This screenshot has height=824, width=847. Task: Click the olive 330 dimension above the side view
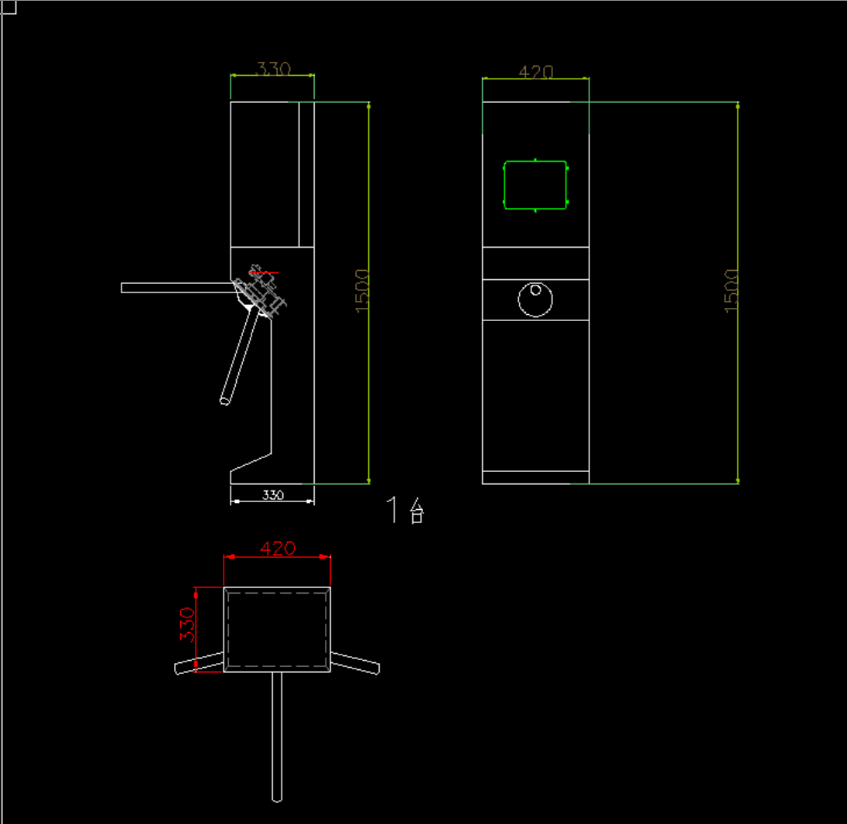pyautogui.click(x=272, y=69)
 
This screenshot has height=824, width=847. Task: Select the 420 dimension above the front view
pyautogui.click(x=535, y=72)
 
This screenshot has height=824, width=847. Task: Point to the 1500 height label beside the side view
pyautogui.click(x=363, y=291)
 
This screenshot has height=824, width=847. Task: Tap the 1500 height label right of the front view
pyautogui.click(x=731, y=291)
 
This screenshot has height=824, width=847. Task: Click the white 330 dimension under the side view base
pyautogui.click(x=272, y=495)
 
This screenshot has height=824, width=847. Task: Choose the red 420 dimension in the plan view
pyautogui.click(x=277, y=549)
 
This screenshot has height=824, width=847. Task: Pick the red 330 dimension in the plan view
pyautogui.click(x=186, y=624)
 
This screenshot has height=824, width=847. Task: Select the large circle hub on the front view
pyautogui.click(x=535, y=299)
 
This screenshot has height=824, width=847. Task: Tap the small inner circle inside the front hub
pyautogui.click(x=535, y=290)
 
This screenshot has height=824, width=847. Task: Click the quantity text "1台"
pyautogui.click(x=405, y=511)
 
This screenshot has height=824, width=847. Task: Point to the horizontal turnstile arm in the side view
pyautogui.click(x=178, y=288)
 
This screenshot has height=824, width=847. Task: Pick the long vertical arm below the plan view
pyautogui.click(x=277, y=735)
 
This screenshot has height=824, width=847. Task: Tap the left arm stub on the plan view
pyautogui.click(x=199, y=663)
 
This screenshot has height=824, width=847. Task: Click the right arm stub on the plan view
pyautogui.click(x=356, y=663)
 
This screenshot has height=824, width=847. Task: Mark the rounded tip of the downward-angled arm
pyautogui.click(x=225, y=401)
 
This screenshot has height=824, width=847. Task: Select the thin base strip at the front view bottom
pyautogui.click(x=535, y=477)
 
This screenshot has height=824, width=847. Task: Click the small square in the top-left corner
pyautogui.click(x=9, y=7)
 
